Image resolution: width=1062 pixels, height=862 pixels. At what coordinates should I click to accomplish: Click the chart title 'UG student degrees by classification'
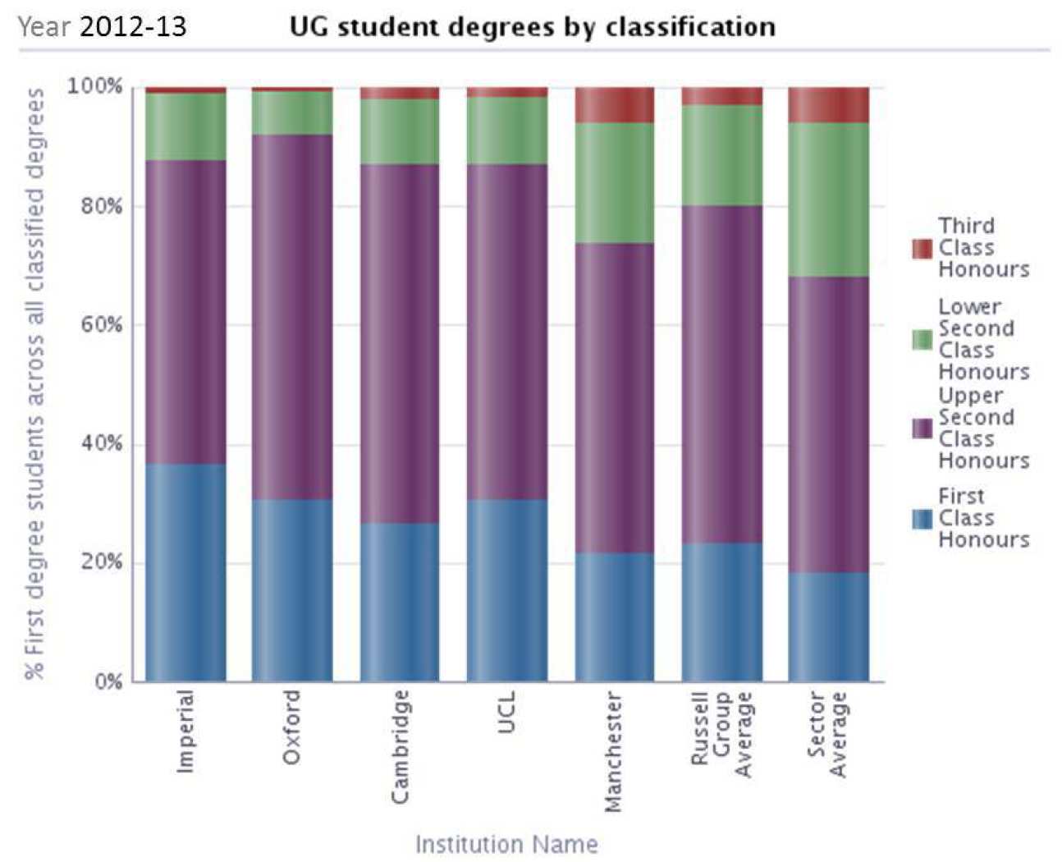[x=532, y=26]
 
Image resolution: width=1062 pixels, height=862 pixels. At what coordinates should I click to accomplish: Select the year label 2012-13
[x=133, y=26]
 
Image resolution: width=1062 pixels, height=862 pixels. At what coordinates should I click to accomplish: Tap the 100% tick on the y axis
[x=94, y=86]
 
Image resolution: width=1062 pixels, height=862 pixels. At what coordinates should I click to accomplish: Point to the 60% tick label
[x=101, y=324]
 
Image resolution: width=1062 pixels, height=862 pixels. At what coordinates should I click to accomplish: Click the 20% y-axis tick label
[x=101, y=562]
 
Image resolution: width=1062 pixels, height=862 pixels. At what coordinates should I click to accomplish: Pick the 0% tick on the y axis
[x=108, y=681]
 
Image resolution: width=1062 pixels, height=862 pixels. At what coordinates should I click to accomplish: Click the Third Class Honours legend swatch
[x=922, y=248]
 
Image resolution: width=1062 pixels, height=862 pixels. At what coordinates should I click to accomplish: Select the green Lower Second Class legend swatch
[x=922, y=339]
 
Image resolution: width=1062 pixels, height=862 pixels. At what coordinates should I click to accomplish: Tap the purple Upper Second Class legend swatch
[x=922, y=428]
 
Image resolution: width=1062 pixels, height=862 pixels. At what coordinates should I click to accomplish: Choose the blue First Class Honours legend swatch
[x=922, y=518]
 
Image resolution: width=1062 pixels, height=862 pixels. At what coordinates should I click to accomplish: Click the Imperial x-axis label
[x=186, y=731]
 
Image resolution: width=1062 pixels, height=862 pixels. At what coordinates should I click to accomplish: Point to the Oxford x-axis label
[x=292, y=727]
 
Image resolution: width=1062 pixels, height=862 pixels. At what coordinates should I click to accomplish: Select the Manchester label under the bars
[x=613, y=752]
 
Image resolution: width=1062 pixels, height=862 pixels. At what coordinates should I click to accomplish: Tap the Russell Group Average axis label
[x=721, y=734]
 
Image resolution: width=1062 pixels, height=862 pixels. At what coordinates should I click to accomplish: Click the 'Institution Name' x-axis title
[x=506, y=844]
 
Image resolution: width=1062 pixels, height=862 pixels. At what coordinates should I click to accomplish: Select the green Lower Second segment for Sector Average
[x=828, y=199]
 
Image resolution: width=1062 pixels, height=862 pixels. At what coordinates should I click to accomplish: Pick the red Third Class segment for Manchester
[x=614, y=104]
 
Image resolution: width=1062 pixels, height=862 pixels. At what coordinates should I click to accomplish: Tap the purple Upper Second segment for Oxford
[x=292, y=317]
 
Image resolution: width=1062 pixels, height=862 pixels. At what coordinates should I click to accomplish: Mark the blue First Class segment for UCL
[x=506, y=590]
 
